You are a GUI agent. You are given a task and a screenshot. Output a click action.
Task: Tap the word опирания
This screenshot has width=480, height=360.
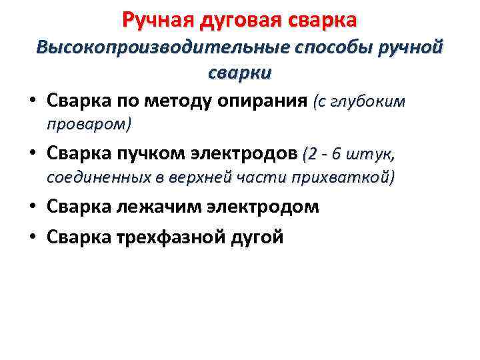(x=273, y=101)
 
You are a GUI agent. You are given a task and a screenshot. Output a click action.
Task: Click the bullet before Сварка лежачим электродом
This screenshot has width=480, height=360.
(x=33, y=207)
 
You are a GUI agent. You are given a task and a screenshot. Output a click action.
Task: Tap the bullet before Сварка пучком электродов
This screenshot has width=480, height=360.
(x=33, y=155)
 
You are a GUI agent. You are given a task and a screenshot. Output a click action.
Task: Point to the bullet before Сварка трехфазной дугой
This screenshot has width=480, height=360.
(x=33, y=237)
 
